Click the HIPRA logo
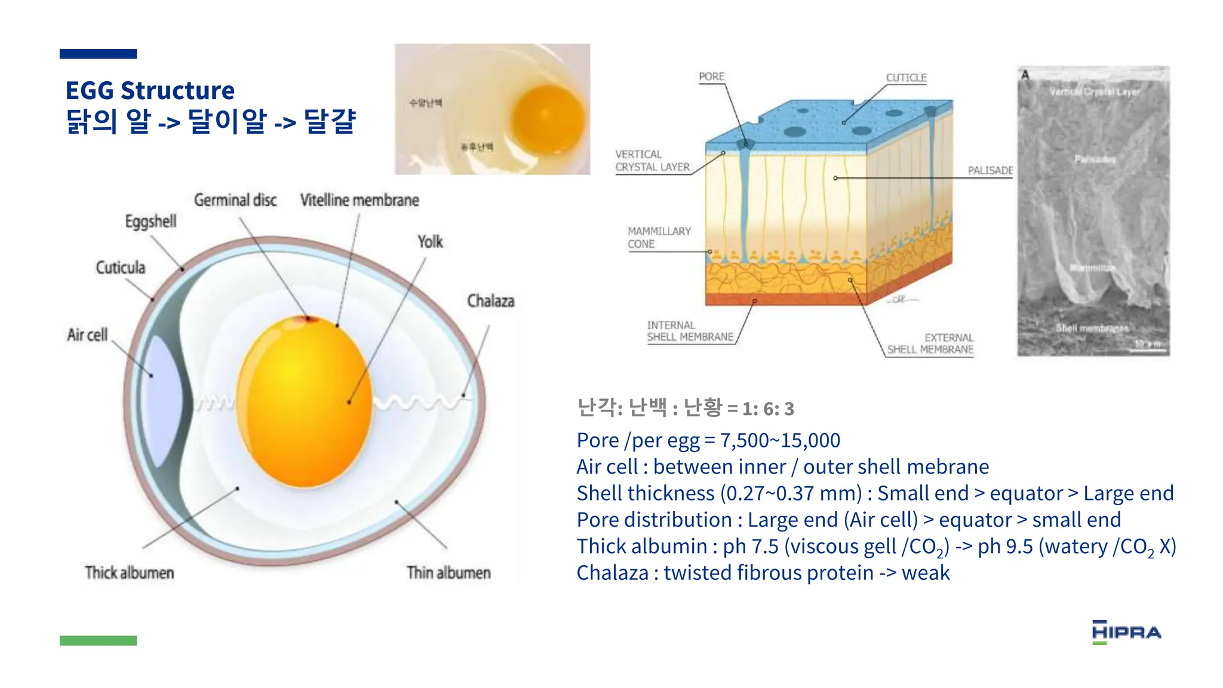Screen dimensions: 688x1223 point(1126,632)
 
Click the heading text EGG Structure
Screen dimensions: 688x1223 point(150,91)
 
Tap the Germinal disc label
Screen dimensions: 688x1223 point(235,200)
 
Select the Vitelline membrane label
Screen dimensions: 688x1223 point(359,200)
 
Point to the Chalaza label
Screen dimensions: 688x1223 point(490,301)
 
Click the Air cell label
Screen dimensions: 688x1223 point(87,335)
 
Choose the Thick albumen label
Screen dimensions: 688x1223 point(130,573)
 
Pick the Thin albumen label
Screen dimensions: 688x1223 point(448,573)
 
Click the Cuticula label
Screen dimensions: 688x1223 point(121,268)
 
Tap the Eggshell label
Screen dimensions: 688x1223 point(150,222)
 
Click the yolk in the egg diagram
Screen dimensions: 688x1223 point(305,400)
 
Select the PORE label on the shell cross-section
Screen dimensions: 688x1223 point(711,77)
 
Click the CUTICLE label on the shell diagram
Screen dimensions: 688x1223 point(906,78)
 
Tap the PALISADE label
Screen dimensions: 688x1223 point(990,171)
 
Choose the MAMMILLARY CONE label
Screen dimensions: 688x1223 point(659,238)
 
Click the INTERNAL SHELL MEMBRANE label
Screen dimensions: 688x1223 point(690,331)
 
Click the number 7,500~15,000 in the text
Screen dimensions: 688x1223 point(780,441)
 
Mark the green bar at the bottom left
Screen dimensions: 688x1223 point(98,640)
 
